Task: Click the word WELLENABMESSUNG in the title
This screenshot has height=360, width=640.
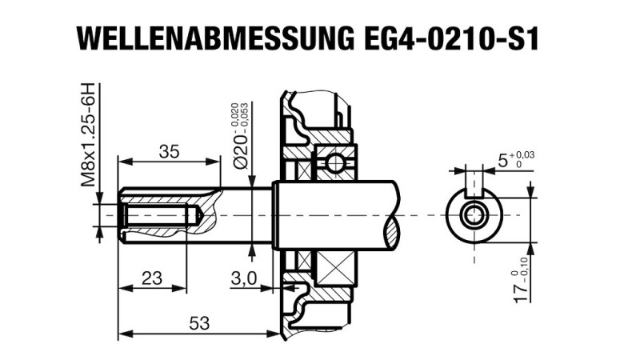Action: [x=211, y=38]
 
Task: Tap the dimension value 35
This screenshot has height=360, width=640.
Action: [x=168, y=152]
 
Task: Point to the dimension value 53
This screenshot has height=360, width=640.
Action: [x=200, y=323]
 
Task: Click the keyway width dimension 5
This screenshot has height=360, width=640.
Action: [x=502, y=161]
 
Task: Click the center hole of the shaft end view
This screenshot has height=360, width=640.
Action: [x=477, y=215]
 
